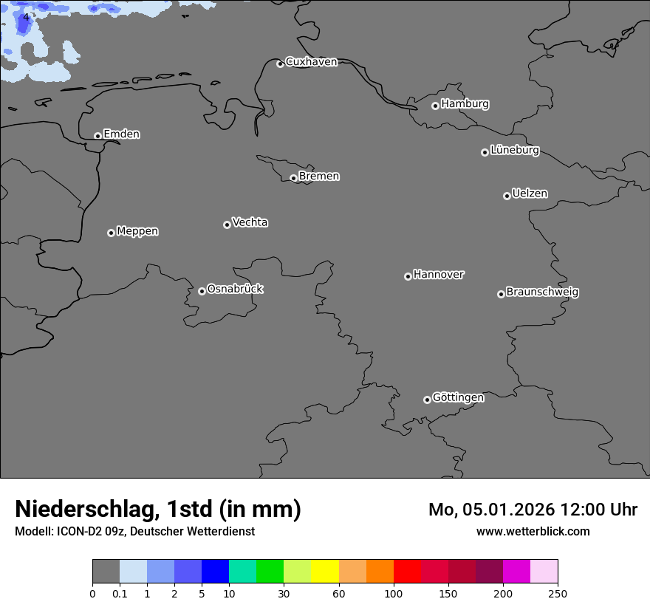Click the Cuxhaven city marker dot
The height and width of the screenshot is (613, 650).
coord(280,64)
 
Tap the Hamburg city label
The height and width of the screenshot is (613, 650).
coord(465,104)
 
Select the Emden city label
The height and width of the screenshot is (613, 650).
coord(121,134)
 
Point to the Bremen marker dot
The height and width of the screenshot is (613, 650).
coord(293,178)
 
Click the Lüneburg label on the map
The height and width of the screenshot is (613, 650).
coord(514,151)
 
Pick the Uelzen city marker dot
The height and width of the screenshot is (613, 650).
coord(507,196)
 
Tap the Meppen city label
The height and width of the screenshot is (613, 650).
coord(137,231)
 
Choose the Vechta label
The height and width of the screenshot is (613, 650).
coord(250,222)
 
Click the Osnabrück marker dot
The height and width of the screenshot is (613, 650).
coord(202,291)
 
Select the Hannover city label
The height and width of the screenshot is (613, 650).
coord(438,275)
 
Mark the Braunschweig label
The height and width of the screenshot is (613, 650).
coord(542,292)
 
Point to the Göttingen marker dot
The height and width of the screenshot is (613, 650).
coord(427,400)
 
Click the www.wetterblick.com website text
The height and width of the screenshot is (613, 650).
coord(533,531)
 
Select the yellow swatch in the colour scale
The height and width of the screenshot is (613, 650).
coord(325,572)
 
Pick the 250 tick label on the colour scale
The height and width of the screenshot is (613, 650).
coord(558,593)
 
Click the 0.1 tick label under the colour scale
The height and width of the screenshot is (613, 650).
coord(120,593)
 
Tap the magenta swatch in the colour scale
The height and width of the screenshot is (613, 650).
coord(516,572)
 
